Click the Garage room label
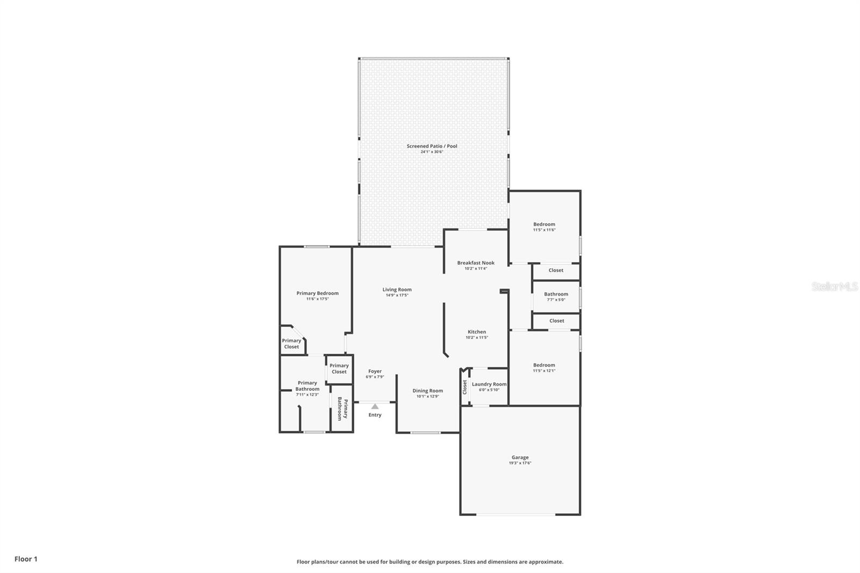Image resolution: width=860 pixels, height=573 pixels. [520, 457]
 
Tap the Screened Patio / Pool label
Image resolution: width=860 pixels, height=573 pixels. [432, 146]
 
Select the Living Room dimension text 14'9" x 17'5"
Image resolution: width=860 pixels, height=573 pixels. [397, 295]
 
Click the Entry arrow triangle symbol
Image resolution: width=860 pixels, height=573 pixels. [375, 406]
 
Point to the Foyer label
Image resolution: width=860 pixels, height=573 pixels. [375, 371]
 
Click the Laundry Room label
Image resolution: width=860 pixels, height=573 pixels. [489, 384]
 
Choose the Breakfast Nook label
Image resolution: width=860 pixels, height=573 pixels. [476, 263]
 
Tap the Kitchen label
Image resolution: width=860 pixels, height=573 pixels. [476, 332]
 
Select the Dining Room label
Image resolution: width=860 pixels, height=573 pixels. [428, 391]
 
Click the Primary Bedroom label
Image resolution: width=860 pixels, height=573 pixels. [317, 293]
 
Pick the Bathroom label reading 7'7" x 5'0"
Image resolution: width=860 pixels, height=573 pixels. [556, 294]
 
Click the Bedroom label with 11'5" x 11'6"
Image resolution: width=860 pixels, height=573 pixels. [544, 224]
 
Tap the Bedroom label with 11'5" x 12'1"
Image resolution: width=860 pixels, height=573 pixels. [544, 365]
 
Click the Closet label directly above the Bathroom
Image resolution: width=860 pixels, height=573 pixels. [556, 270]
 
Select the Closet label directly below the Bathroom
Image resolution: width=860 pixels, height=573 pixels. [556, 321]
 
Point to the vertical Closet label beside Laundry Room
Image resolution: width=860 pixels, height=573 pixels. [465, 387]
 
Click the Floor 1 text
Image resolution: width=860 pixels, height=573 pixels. [26, 559]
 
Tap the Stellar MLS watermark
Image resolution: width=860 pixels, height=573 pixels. [834, 287]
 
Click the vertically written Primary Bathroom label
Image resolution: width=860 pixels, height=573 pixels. [342, 410]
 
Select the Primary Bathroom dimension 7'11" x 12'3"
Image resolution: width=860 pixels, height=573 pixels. [307, 395]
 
